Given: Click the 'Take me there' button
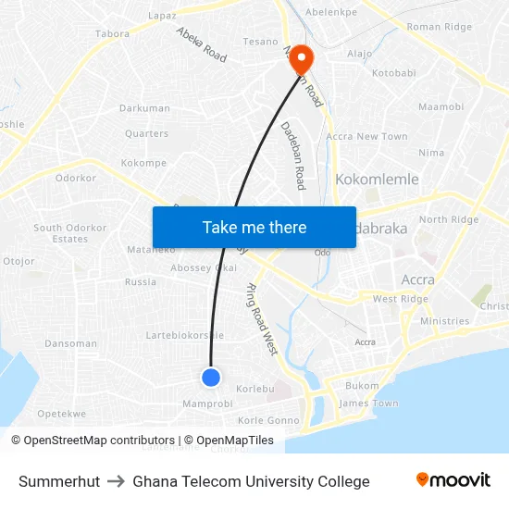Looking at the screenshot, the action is coord(254,227).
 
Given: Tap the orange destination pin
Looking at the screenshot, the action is coord(302,60).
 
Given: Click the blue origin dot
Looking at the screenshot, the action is coord(211,377).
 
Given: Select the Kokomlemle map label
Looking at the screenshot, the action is coord(377,180).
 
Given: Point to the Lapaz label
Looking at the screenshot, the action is coord(162,16).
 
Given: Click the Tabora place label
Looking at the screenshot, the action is coord(112,34).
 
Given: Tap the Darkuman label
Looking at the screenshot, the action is coord(144,108).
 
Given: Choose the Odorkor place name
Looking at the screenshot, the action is coord(76,178).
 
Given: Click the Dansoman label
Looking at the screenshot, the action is coord(71,343).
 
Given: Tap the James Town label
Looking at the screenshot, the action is coord(368,403).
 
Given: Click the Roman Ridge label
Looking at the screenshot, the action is coord(439,28).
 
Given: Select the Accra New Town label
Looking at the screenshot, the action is coord(367,137).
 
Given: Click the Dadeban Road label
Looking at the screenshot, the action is coord(292,155).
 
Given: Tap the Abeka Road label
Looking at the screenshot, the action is coord(202,44).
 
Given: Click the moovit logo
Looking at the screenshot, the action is coord(453,480).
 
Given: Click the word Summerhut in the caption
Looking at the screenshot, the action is coord(59,481).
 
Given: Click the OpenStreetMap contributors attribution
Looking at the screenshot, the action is coord(93,441).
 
